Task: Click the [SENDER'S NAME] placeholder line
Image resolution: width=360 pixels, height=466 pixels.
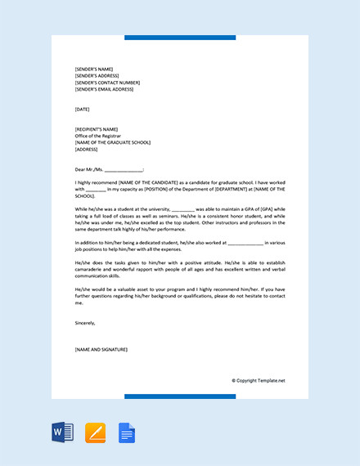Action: [93, 69]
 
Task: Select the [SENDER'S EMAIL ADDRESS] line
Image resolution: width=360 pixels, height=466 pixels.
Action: [104, 89]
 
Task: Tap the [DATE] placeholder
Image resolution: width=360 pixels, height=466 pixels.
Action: [82, 109]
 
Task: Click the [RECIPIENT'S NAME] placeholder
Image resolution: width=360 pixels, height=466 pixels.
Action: [97, 129]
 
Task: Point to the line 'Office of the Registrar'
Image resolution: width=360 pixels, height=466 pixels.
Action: [97, 136]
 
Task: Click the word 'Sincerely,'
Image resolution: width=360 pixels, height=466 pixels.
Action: [85, 323]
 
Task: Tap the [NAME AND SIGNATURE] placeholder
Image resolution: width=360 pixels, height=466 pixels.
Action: [101, 350]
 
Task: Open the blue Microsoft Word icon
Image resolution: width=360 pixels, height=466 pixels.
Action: [62, 432]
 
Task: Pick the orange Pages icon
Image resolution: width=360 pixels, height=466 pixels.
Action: [96, 432]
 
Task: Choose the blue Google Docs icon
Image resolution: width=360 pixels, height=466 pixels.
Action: [127, 432]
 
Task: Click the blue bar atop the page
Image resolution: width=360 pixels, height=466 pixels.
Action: [180, 38]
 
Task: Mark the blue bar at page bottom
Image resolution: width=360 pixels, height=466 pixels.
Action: [180, 397]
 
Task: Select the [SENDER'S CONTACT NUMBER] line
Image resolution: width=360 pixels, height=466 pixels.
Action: [106, 83]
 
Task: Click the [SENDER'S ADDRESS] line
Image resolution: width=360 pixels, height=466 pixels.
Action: [97, 75]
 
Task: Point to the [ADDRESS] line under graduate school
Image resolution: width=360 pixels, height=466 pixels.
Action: [86, 150]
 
